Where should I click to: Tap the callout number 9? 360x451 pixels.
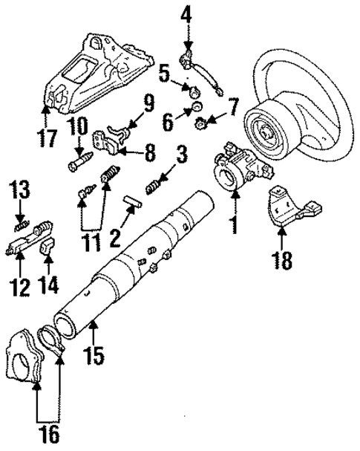148,101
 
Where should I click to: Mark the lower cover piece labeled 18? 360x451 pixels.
286,207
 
